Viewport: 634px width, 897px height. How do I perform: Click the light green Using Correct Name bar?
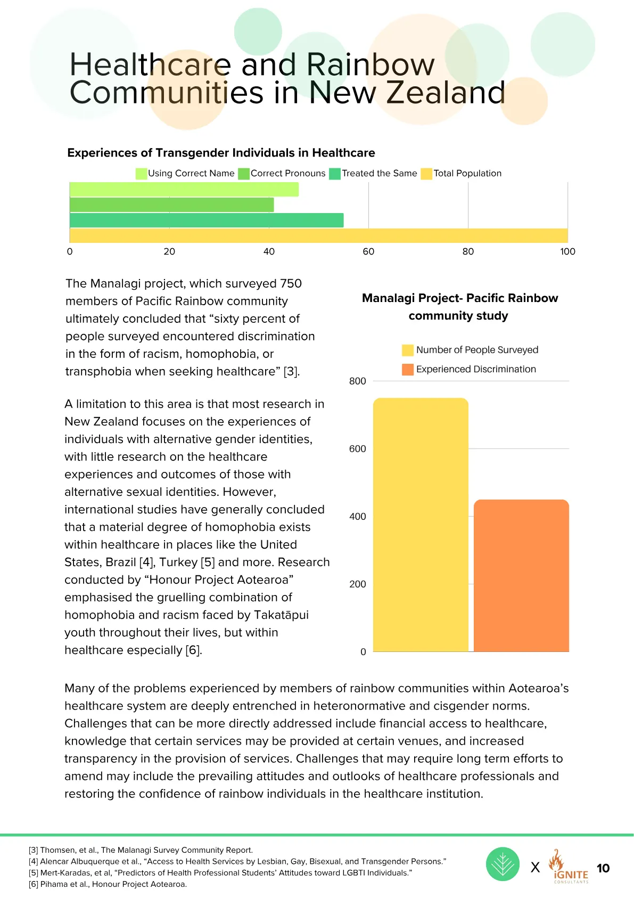click(184, 190)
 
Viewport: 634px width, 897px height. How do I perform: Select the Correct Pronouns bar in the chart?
click(172, 205)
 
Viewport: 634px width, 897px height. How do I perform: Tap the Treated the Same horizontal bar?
click(207, 220)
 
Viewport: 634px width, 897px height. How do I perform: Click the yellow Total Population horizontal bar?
click(319, 235)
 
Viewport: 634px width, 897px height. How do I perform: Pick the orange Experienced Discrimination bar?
click(521, 575)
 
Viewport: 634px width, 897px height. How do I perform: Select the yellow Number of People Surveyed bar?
click(421, 525)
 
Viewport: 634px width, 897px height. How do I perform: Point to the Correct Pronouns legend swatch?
click(244, 174)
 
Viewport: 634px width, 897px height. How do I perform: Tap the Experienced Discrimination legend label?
click(476, 369)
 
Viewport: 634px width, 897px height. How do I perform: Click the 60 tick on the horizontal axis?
click(368, 251)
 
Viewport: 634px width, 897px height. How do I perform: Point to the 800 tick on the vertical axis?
click(357, 381)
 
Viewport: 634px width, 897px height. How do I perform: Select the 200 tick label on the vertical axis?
click(357, 584)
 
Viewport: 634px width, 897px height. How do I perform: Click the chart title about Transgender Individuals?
click(221, 152)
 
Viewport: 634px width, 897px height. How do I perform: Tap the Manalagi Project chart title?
click(459, 307)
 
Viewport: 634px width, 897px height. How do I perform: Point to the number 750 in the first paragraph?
click(291, 283)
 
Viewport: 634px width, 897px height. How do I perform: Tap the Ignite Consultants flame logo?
click(569, 866)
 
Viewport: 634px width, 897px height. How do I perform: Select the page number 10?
click(603, 868)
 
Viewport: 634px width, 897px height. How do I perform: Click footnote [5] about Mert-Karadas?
click(220, 872)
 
